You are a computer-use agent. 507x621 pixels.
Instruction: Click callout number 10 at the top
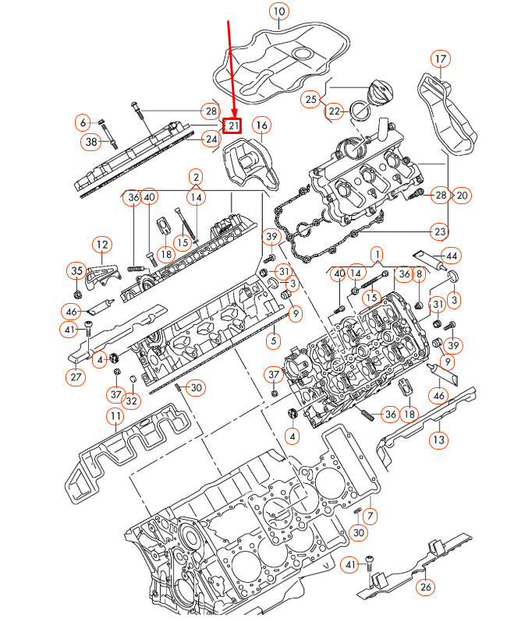(x=279, y=11)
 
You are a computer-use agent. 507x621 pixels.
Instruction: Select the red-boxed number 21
(x=233, y=125)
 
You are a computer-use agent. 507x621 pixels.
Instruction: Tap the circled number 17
(x=441, y=59)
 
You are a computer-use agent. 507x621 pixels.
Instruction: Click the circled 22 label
(x=335, y=111)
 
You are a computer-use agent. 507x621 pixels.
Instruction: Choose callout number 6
(x=83, y=122)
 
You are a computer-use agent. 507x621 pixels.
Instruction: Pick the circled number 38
(x=91, y=142)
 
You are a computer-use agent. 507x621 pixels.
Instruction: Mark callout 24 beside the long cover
(x=210, y=139)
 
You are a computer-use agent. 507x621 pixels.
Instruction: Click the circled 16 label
(x=261, y=125)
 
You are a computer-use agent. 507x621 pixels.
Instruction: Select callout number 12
(x=101, y=245)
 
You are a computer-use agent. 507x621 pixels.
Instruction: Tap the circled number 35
(x=76, y=271)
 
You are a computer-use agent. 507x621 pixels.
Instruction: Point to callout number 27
(x=75, y=377)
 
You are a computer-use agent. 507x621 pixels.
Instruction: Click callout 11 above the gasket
(x=115, y=416)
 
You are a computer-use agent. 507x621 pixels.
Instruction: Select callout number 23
(x=441, y=231)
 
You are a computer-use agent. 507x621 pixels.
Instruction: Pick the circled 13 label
(x=439, y=440)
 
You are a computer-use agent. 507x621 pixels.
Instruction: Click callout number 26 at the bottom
(x=426, y=587)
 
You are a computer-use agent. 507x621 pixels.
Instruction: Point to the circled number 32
(x=132, y=401)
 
